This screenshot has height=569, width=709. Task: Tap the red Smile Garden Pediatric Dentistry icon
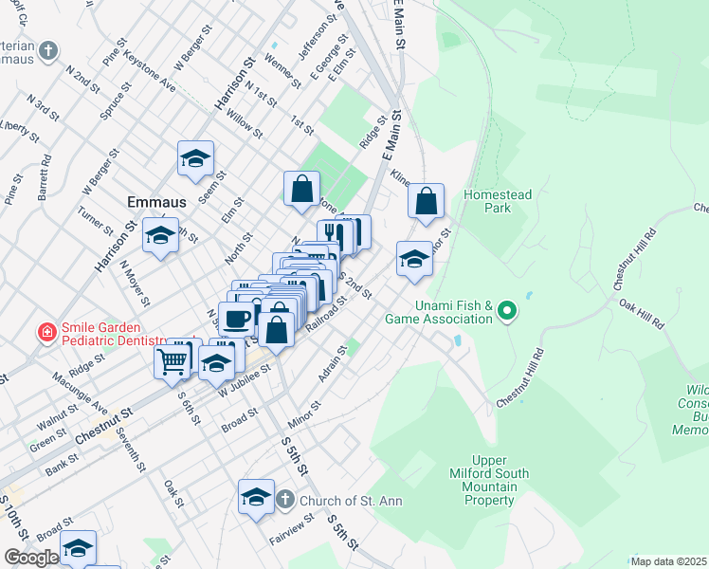click(x=45, y=332)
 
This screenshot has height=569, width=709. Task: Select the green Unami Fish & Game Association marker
click(x=507, y=310)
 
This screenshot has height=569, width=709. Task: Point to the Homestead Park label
click(x=498, y=200)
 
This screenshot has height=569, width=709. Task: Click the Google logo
click(x=31, y=558)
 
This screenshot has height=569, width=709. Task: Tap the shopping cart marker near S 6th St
click(x=172, y=360)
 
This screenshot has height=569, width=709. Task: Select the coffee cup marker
click(x=236, y=318)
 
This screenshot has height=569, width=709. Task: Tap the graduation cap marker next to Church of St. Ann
click(x=256, y=496)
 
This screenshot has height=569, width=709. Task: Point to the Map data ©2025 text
click(x=668, y=561)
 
